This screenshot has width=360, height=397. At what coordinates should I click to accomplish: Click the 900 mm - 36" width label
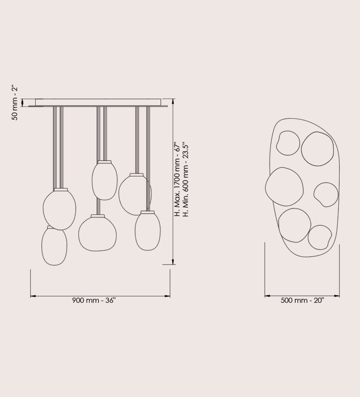click(x=94, y=301)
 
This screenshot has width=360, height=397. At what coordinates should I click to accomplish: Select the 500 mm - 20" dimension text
click(x=302, y=300)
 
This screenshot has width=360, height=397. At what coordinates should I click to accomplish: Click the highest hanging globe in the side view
click(x=104, y=180)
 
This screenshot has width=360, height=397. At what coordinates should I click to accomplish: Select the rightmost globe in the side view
click(x=147, y=231)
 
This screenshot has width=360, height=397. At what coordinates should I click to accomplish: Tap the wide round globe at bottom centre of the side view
click(x=97, y=233)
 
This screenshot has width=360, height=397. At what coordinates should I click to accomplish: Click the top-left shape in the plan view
click(x=288, y=143)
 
